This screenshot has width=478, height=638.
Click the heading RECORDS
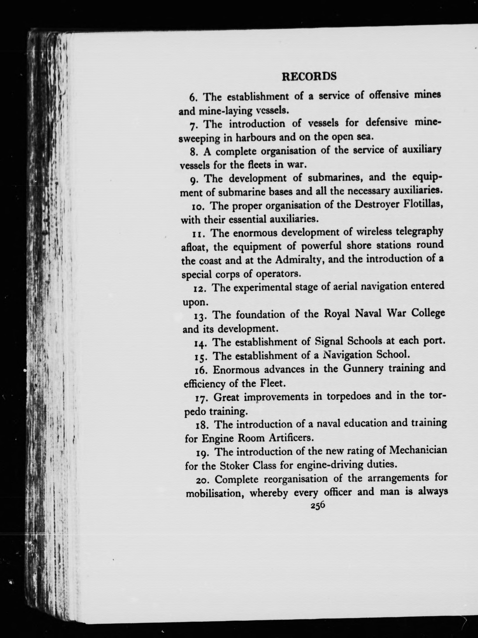tap(309, 76)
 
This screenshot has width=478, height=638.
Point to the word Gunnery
tap(359, 369)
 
